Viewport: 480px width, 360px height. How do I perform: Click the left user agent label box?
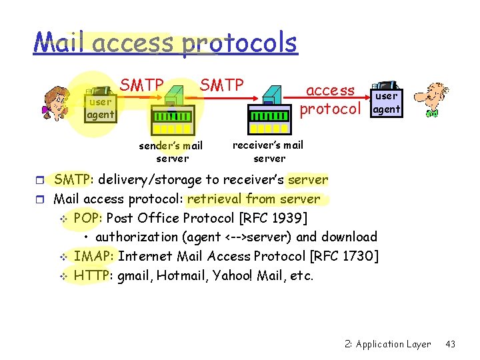101,109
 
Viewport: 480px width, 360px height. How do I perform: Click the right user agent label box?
387,103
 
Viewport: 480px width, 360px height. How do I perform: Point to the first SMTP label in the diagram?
141,85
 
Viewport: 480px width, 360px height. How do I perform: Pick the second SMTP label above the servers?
222,85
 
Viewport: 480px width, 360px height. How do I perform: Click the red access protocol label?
331,99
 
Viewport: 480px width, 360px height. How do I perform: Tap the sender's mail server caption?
171,152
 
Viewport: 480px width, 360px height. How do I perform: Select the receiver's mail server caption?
269,151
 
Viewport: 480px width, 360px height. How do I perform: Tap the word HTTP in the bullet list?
92,275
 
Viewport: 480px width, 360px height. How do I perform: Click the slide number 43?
450,344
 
